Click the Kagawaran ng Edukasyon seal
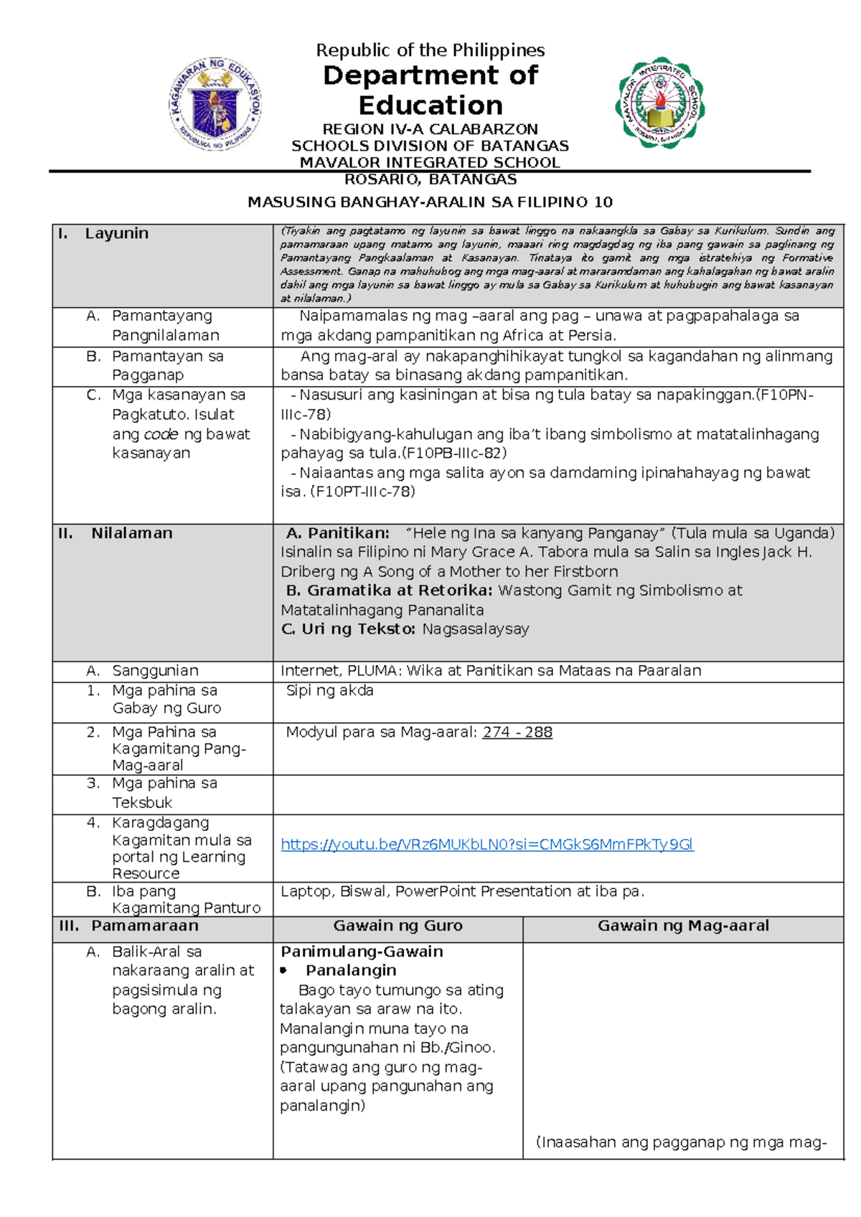click(215, 103)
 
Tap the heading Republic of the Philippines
click(430, 50)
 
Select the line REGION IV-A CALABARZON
click(430, 129)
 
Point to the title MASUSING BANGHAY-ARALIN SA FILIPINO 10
click(430, 202)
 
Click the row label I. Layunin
click(103, 234)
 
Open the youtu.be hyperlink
click(486, 845)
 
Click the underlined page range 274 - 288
click(517, 733)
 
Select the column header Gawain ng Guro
click(397, 926)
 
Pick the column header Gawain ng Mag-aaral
click(683, 926)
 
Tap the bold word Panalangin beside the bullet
click(351, 971)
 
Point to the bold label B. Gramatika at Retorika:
click(389, 591)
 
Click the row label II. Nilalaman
click(116, 533)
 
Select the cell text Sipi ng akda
click(329, 691)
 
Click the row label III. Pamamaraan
click(129, 926)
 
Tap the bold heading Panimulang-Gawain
click(362, 952)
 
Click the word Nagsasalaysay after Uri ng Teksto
click(476, 629)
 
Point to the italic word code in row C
click(161, 434)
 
